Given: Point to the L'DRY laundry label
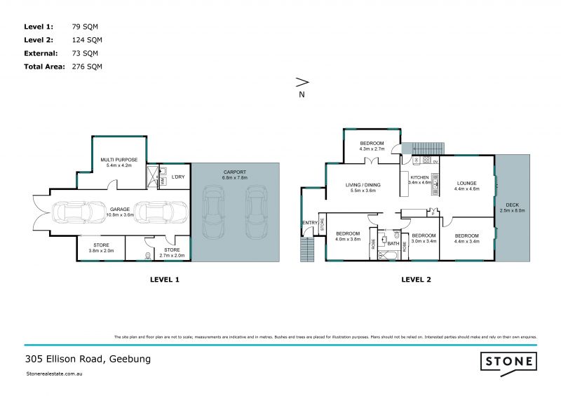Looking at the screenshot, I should [178, 177].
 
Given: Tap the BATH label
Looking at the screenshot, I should [393, 243].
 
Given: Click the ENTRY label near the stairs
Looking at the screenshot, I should [309, 223].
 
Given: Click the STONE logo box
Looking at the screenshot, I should [508, 361].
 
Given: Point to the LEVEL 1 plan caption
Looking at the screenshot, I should [165, 279].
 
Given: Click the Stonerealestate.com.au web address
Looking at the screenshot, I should [55, 375].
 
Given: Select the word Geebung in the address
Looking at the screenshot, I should [129, 359].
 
